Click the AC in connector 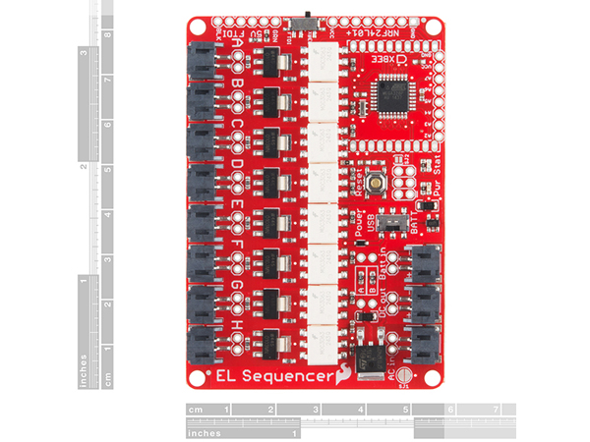[425, 345]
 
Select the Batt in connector [425, 262]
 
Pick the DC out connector [425, 304]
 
